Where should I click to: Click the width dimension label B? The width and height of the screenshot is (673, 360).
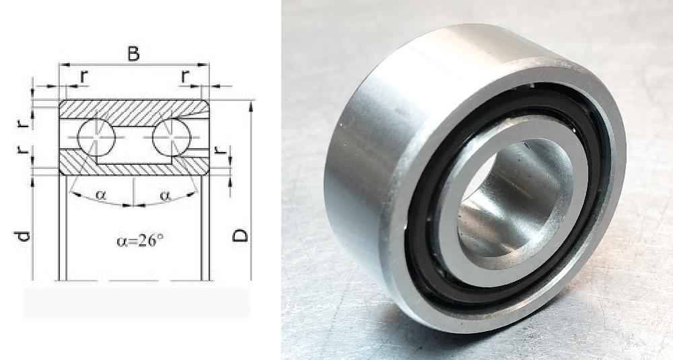coord(133,54)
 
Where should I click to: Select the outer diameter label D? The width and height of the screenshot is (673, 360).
coord(240,236)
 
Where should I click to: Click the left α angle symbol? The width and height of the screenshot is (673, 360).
coord(100,195)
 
